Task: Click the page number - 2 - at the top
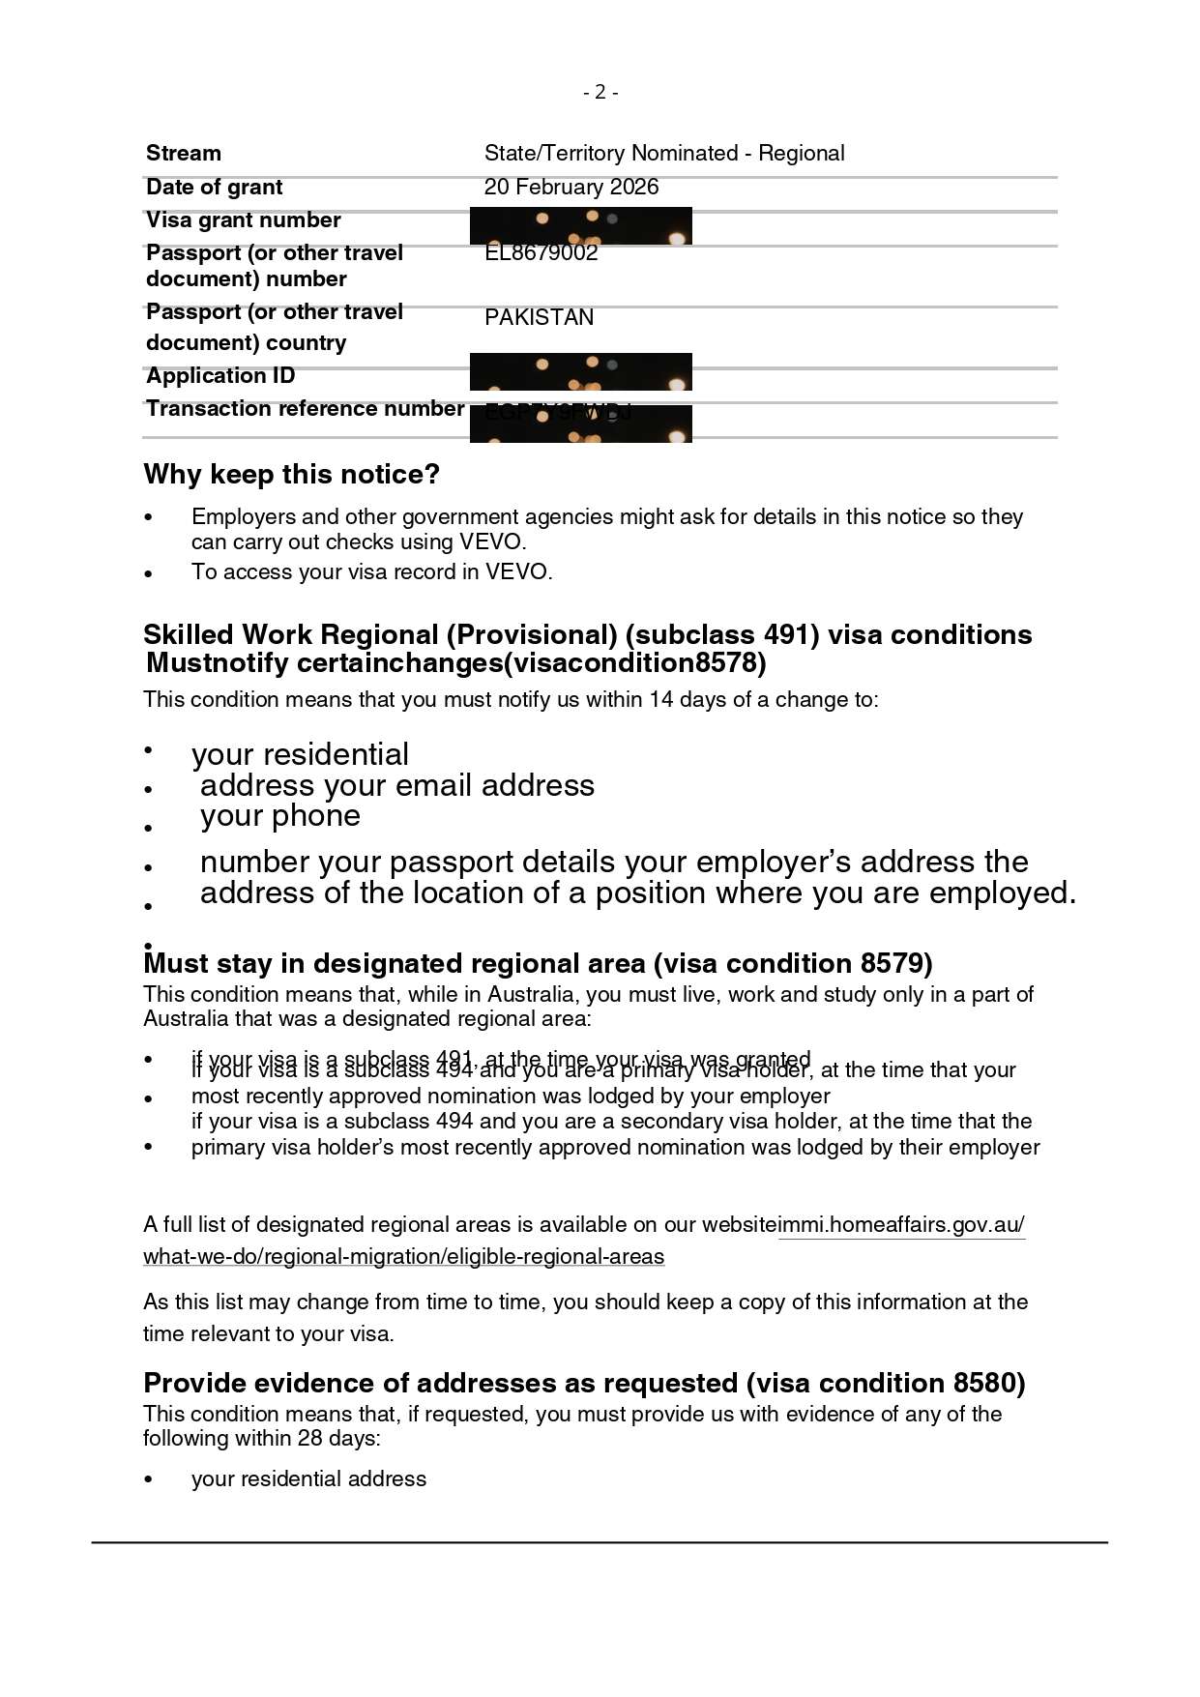[x=600, y=92]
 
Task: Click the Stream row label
[x=184, y=153]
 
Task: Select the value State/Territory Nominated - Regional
[x=663, y=153]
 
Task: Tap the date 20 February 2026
[x=571, y=187]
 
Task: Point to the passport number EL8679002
[x=541, y=253]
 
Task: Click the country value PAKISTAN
[x=539, y=317]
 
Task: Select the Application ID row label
[x=220, y=375]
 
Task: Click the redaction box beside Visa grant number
[x=580, y=225]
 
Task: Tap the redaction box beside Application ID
[x=580, y=371]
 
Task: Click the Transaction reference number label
[x=305, y=408]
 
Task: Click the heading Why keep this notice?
[x=291, y=474]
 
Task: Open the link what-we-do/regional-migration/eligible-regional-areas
[x=403, y=1256]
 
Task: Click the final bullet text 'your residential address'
[x=308, y=1478]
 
